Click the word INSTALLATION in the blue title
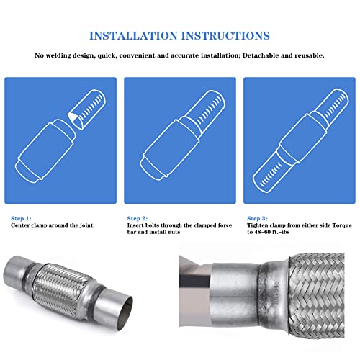click(133, 36)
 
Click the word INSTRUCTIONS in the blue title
click(225, 36)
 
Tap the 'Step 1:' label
click(21, 218)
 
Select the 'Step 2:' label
click(138, 218)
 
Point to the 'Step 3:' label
click(257, 218)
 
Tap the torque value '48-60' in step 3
click(264, 232)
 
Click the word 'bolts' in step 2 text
click(150, 225)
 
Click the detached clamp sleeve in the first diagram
click(87, 109)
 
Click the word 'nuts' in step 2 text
click(174, 232)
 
